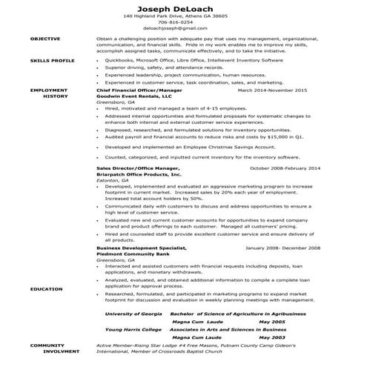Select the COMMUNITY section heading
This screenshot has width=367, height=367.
click(47, 345)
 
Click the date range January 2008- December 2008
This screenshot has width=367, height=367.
click(282, 248)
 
